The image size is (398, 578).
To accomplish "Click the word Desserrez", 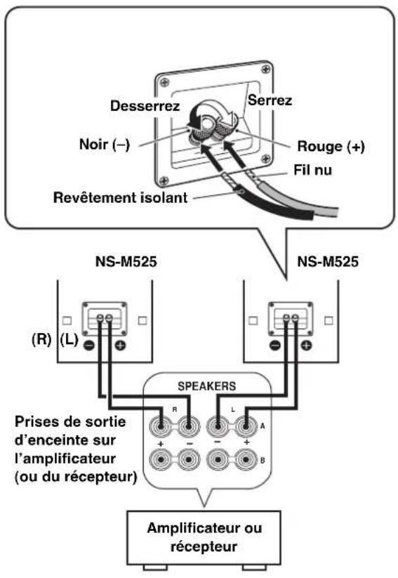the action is point(145,106).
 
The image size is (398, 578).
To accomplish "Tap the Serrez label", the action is point(270,100).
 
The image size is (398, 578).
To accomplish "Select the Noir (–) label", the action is point(105,144).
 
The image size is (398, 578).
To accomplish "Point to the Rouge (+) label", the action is point(331,146).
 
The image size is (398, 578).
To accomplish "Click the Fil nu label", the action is point(312,170).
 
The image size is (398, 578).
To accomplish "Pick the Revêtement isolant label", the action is point(121,197).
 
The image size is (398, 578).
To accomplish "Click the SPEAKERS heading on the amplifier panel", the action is point(207,386).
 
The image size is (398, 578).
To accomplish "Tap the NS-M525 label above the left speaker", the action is point(126,261).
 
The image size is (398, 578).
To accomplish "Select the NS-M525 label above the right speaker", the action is point(328,261).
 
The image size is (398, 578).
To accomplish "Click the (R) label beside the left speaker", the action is point(41,339).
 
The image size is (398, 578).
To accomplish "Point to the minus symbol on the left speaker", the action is point(89,346).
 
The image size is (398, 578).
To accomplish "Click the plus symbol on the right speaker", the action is point(306,346).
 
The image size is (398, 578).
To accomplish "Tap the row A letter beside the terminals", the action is point(263,426).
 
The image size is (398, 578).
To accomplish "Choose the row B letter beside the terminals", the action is point(263,461).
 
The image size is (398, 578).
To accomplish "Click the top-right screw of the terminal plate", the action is point(266,70).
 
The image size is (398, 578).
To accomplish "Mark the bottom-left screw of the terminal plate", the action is point(164,180).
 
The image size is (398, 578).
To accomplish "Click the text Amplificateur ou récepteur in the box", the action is point(204,537).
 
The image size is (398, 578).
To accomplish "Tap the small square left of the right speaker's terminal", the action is point(253,320).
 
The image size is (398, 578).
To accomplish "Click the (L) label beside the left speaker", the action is point(69,339).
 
